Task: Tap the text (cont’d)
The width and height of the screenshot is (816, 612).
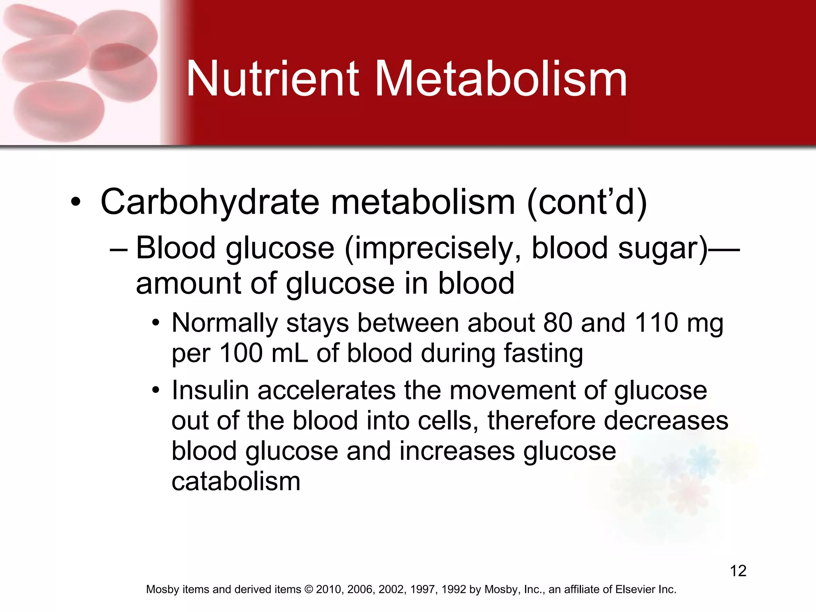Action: (x=587, y=202)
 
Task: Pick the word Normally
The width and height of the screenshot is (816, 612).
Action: (x=225, y=323)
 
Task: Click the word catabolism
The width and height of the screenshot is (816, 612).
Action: (x=236, y=481)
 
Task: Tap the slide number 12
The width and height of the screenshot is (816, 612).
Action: (x=738, y=571)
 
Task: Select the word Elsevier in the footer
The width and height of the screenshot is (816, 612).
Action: (x=635, y=590)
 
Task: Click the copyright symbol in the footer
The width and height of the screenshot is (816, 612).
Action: (x=309, y=590)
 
